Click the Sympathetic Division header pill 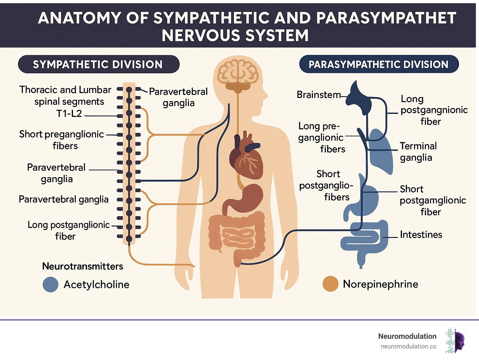(x=99, y=64)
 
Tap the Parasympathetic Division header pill (x=379, y=64)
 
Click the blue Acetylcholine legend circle (x=51, y=285)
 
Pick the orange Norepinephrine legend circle (x=331, y=284)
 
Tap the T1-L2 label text (x=69, y=114)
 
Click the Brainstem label (x=318, y=95)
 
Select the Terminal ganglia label (x=418, y=152)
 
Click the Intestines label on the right (x=421, y=235)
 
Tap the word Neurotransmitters (x=83, y=266)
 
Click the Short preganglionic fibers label (x=62, y=140)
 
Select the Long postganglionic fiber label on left (x=68, y=230)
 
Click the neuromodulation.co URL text (x=408, y=346)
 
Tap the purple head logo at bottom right (x=458, y=341)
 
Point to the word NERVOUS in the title (x=197, y=35)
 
